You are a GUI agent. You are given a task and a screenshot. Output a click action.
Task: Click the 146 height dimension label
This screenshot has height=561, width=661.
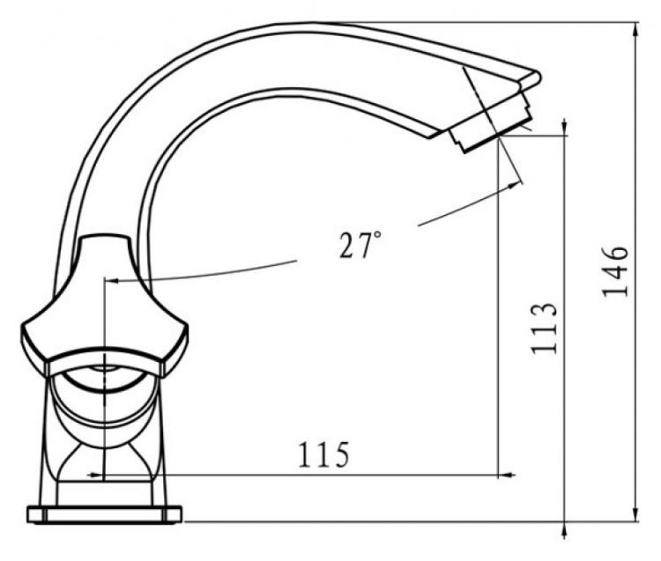click(x=615, y=271)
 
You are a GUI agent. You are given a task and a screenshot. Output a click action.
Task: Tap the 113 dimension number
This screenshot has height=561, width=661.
click(x=545, y=328)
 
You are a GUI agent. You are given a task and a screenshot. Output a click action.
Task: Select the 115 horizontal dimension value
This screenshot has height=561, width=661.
click(x=323, y=454)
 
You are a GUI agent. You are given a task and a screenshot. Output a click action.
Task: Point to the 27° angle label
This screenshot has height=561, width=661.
click(x=360, y=244)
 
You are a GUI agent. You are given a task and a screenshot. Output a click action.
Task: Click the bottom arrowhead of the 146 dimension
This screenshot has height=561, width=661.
click(x=636, y=515)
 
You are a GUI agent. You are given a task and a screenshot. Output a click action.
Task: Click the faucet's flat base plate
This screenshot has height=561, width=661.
click(x=105, y=514)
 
